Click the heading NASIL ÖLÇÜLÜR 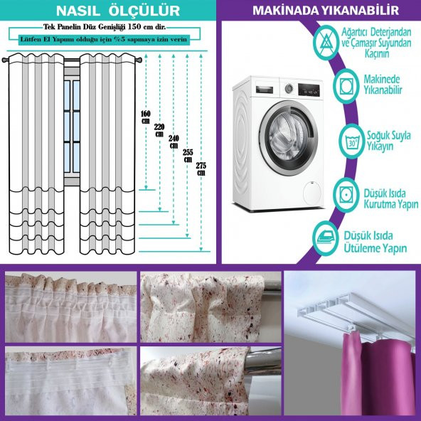(118, 11)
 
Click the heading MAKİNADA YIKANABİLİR (326, 10)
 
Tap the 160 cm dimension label (146, 117)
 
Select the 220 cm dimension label (159, 130)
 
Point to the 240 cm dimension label (174, 142)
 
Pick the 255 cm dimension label (188, 156)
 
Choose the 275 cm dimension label (201, 169)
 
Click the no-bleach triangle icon (326, 43)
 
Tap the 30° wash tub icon (351, 141)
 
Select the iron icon (326, 238)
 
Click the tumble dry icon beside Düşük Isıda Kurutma (346, 194)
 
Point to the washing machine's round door (289, 138)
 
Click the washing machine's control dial (289, 87)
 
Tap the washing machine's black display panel (309, 90)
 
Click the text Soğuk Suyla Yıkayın (388, 141)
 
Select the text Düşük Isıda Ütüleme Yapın (375, 242)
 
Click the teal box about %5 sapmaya (104, 40)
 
